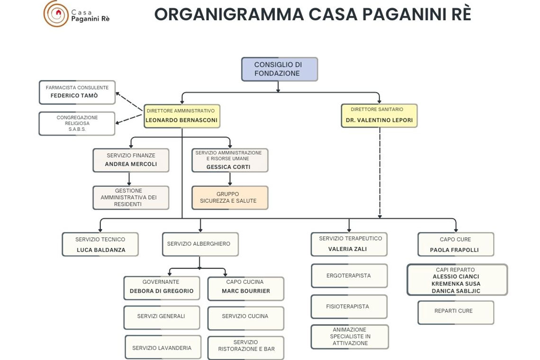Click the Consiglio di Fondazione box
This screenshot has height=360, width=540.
279,69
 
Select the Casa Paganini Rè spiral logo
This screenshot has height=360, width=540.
56,13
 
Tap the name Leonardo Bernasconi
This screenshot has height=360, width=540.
181,120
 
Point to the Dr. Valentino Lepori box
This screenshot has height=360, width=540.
379,116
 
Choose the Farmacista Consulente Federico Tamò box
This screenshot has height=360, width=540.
77,92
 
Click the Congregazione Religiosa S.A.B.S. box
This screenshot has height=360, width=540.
77,124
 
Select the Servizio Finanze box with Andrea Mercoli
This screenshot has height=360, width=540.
131,160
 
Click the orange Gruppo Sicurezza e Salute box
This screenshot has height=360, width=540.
230,198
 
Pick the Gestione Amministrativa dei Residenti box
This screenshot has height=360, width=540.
131,198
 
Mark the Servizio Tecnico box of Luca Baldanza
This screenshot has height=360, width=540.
100,244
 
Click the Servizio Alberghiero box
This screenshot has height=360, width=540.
200,244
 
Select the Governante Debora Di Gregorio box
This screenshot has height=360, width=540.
162,288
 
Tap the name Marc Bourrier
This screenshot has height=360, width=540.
246,291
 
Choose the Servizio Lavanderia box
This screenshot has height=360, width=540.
162,348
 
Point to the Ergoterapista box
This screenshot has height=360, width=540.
349,276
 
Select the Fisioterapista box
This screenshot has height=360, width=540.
348,306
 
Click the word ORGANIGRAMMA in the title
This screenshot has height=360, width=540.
229,15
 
